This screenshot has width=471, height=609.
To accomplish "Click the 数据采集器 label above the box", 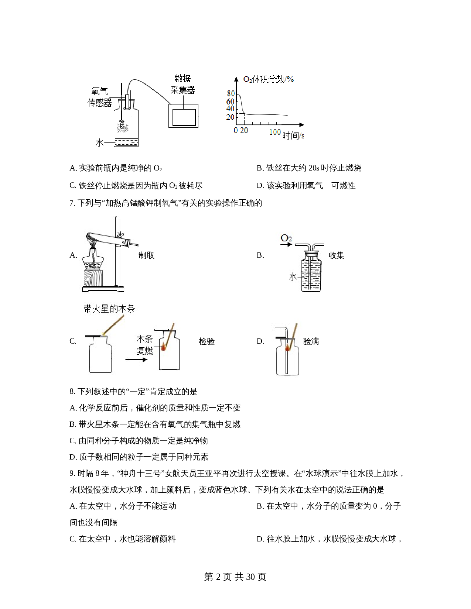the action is pyautogui.click(x=182, y=84).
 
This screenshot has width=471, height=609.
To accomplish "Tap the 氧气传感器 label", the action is pyautogui.click(x=100, y=97).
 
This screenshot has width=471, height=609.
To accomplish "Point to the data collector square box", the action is pyautogui.click(x=184, y=116).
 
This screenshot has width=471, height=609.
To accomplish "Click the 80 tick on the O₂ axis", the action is pyautogui.click(x=231, y=93).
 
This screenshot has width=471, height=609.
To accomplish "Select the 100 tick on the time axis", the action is pyautogui.click(x=275, y=132).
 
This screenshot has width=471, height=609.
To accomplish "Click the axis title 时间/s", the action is pyautogui.click(x=293, y=136).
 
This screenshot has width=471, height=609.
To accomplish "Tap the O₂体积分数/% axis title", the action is pyautogui.click(x=269, y=79).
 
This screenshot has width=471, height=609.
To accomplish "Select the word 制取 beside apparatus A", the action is pyautogui.click(x=146, y=255).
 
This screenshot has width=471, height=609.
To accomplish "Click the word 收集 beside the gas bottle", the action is pyautogui.click(x=336, y=255).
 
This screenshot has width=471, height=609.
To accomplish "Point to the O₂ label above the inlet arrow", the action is pyautogui.click(x=286, y=238).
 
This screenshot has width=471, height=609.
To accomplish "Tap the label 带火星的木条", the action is pyautogui.click(x=109, y=309).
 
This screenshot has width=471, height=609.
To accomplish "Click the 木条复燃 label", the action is pyautogui.click(x=145, y=345).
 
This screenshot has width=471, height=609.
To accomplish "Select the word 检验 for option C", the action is pyautogui.click(x=207, y=341).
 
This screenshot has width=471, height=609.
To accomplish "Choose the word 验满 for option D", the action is pyautogui.click(x=311, y=341).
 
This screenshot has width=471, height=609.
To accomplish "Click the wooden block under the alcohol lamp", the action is pyautogui.click(x=93, y=278).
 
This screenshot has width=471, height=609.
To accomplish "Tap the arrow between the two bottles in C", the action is pyautogui.click(x=136, y=359).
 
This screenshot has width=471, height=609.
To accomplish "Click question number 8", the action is pyautogui.click(x=72, y=392).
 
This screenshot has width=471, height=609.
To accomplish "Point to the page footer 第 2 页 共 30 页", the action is pyautogui.click(x=235, y=577).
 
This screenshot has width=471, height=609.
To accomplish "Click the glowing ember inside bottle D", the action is pyautogui.click(x=287, y=348).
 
